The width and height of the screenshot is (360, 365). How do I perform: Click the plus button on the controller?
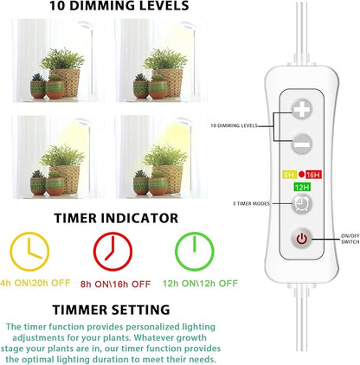301,109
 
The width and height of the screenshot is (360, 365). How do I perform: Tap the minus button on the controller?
302,144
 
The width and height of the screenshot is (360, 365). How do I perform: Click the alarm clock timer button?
302,204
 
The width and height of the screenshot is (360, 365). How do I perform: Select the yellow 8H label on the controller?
289,175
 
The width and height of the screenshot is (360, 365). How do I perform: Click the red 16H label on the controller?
313,175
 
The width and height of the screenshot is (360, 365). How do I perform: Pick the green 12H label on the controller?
302,188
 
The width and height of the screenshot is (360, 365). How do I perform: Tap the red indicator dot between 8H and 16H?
301,174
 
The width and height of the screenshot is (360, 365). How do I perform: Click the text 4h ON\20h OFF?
35,283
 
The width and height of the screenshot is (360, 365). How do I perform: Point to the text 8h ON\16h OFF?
115,285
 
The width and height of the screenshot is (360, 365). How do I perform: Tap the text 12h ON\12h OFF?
200,284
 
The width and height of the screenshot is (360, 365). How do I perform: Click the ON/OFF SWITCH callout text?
350,239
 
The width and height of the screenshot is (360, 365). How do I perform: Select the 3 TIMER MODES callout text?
251,203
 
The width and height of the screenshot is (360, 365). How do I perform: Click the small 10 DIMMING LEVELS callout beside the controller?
234,125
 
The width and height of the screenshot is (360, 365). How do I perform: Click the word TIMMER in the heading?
80,310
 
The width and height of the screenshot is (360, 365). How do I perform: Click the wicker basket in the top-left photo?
66,82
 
